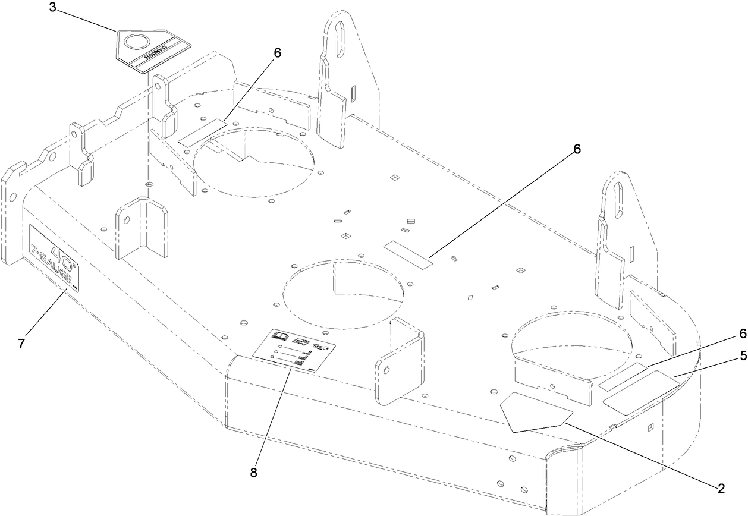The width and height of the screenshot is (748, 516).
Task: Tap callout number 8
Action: [254, 473]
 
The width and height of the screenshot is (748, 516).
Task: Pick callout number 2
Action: [721, 489]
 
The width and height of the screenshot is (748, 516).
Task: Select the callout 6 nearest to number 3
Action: [277, 52]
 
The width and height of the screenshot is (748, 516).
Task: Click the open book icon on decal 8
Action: [279, 336]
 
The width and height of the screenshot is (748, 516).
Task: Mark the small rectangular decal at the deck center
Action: [408, 254]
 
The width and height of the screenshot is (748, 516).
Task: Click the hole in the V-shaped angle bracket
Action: [126, 219]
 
